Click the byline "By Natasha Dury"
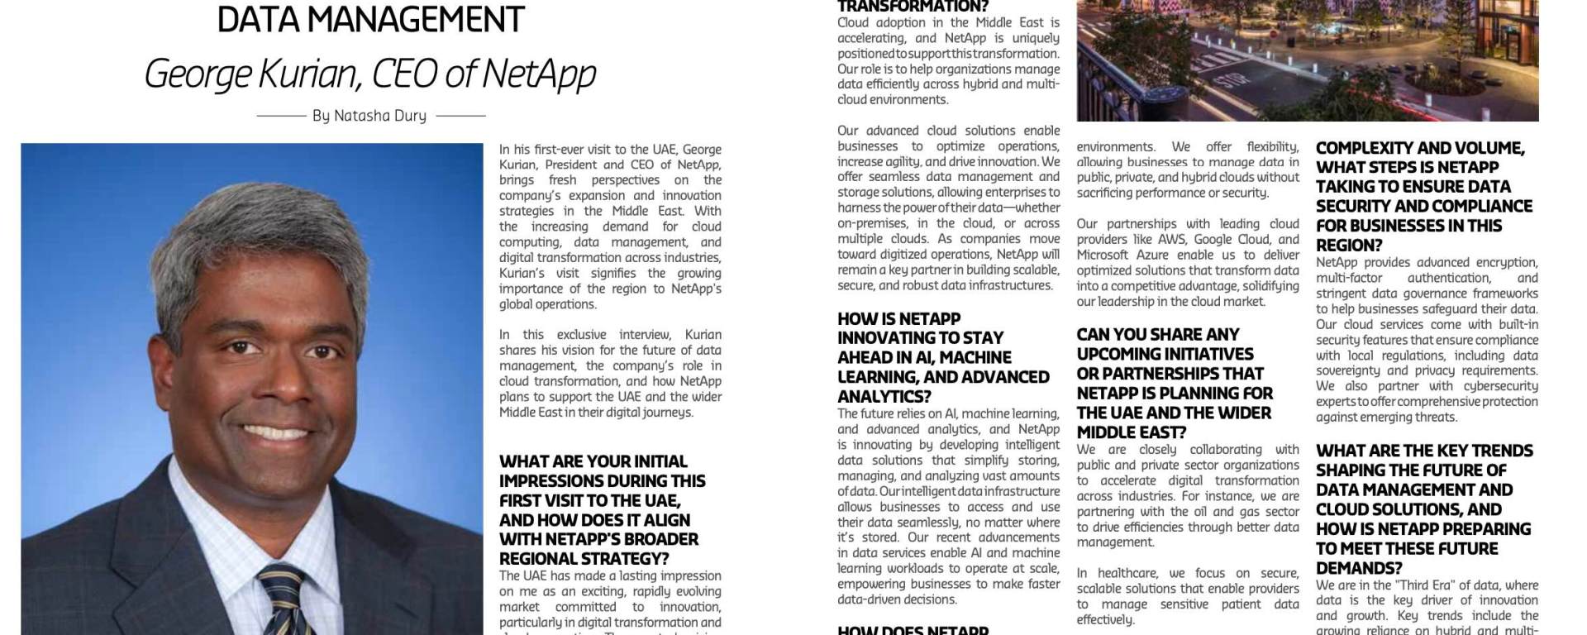[369, 116]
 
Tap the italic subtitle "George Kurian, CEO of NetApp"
[370, 74]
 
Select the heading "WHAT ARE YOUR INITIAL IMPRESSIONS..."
[602, 509]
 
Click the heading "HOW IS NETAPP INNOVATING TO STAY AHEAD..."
[943, 357]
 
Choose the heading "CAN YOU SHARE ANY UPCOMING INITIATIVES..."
[1175, 383]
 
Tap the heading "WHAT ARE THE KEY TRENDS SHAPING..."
[1424, 508]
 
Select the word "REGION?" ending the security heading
[1349, 246]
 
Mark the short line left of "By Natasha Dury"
[281, 116]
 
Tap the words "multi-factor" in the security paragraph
[1350, 278]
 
